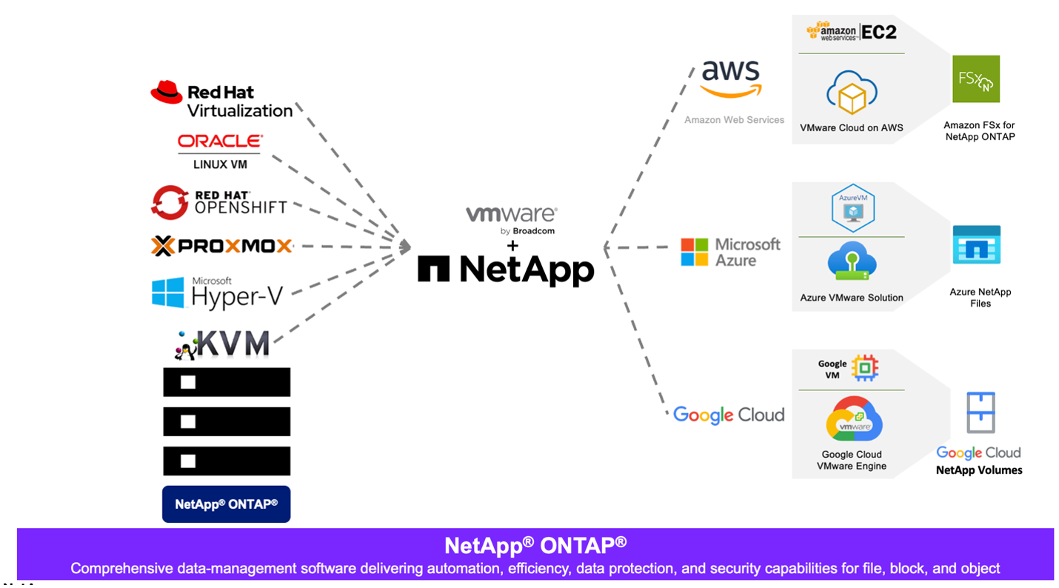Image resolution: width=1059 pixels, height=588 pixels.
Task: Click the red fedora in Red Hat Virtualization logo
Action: [167, 92]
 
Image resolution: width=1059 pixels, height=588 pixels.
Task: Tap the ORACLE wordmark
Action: [220, 141]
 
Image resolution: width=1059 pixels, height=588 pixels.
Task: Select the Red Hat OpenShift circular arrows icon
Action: [170, 202]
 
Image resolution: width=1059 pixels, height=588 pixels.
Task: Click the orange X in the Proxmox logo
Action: [162, 246]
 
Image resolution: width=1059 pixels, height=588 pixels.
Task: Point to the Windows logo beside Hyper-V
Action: [168, 293]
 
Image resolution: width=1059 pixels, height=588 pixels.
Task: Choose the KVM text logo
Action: [233, 344]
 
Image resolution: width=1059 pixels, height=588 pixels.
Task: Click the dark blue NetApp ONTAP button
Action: [226, 504]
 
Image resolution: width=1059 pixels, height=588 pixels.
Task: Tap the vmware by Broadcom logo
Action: [512, 219]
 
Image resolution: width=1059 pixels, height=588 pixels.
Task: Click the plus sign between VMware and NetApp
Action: [512, 245]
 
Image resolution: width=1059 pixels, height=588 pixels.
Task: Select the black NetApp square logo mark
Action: [433, 269]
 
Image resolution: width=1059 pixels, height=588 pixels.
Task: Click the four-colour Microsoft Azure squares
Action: [695, 252]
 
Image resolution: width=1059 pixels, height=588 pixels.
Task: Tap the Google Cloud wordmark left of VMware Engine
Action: [728, 415]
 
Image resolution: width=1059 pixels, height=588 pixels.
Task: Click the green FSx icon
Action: [976, 78]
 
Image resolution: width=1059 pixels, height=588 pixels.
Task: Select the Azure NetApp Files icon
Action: [976, 245]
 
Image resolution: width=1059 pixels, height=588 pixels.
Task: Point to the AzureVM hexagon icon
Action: [852, 207]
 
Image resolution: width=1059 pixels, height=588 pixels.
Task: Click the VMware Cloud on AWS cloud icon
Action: [852, 93]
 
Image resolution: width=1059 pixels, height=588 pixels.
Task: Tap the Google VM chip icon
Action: [864, 367]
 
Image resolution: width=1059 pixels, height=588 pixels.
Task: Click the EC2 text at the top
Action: [879, 32]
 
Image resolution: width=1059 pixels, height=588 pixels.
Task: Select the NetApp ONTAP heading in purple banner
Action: [535, 546]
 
